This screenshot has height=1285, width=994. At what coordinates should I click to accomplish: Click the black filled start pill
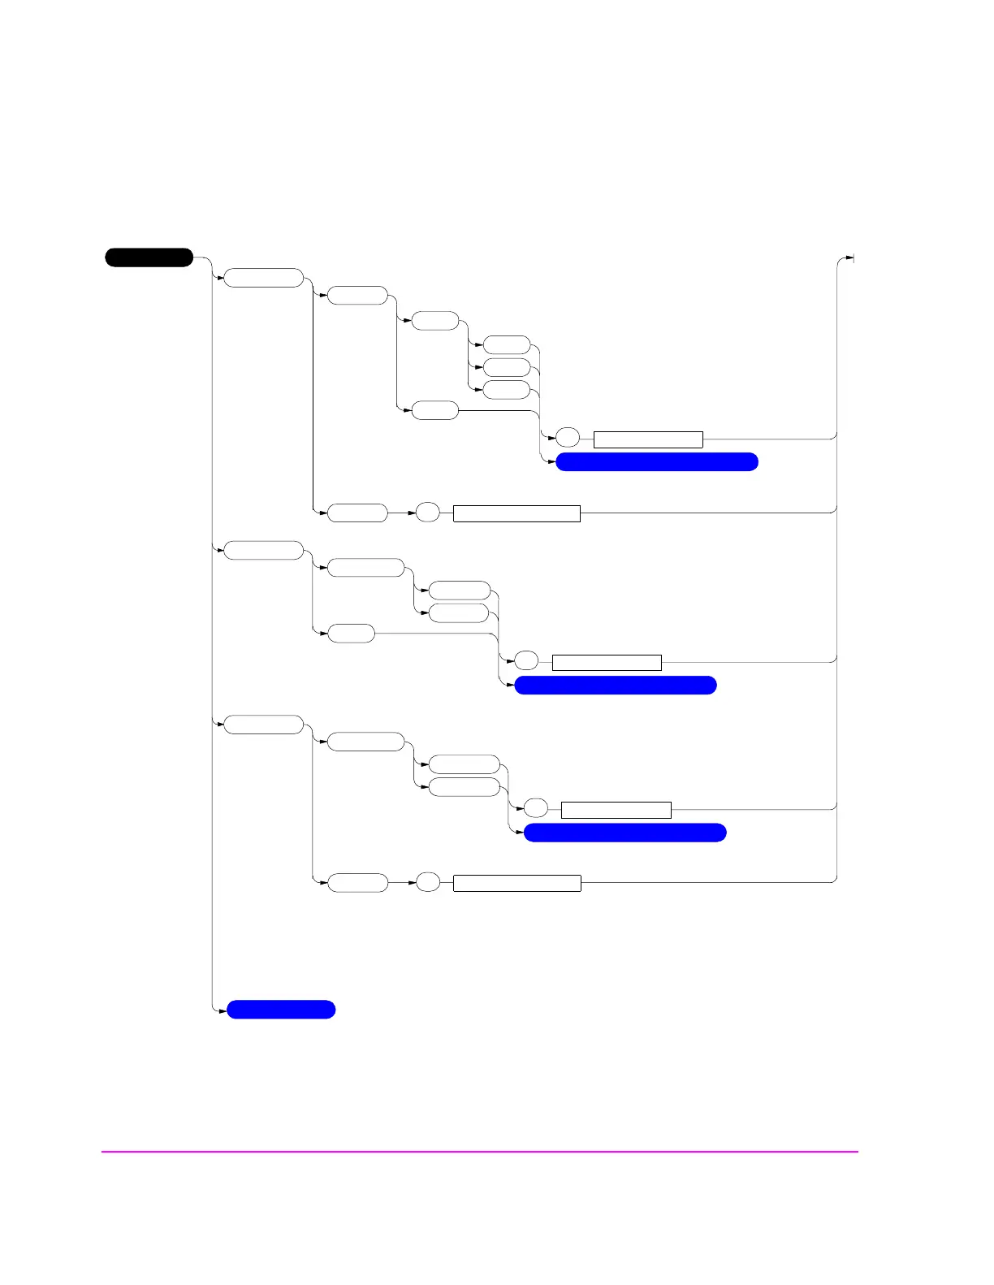coord(149,258)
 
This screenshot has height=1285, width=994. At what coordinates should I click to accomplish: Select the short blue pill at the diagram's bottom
coord(281,1010)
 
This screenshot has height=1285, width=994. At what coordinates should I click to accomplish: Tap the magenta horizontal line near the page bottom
coord(479,1151)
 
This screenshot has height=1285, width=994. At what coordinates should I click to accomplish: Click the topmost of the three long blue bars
coord(656,462)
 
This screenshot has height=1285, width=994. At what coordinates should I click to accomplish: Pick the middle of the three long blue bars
coord(616,685)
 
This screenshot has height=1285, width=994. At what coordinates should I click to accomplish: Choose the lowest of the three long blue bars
coord(624,833)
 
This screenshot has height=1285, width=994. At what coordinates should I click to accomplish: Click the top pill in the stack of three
coord(507,345)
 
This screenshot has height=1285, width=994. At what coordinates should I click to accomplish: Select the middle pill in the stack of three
coord(507,367)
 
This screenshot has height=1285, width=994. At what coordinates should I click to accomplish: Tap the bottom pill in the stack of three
coord(507,390)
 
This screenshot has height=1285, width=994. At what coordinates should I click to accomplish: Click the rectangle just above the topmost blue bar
coord(648,439)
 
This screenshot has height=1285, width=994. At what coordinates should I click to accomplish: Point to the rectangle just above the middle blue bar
coord(607,662)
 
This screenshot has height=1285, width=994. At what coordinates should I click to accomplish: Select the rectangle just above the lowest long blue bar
coord(616,810)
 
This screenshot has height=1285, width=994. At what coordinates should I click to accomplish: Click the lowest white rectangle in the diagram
coord(516,883)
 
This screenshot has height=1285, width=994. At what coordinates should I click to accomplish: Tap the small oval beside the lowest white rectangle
coord(428,882)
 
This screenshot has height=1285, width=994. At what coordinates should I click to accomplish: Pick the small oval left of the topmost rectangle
coord(568,439)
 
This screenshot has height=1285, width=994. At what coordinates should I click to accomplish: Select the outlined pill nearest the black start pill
coord(263,278)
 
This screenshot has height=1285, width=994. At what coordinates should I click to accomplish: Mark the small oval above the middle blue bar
coord(526,661)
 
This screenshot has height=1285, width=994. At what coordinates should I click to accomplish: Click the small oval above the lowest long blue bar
coord(536,809)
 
